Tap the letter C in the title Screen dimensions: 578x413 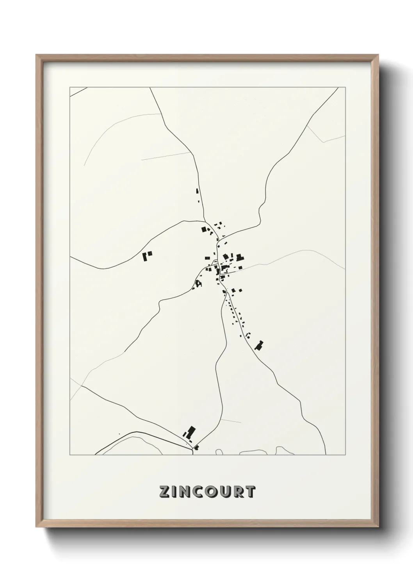pyautogui.click(x=196, y=492)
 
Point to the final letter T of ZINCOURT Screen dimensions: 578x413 pyautogui.click(x=250, y=492)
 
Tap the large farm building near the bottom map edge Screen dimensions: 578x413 pyautogui.click(x=190, y=432)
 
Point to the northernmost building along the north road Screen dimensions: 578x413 pyautogui.click(x=197, y=191)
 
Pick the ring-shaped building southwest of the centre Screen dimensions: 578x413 pyautogui.click(x=198, y=283)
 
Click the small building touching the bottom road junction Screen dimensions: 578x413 pyautogui.click(x=196, y=447)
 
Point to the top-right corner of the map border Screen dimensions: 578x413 pyautogui.click(x=345, y=87)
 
